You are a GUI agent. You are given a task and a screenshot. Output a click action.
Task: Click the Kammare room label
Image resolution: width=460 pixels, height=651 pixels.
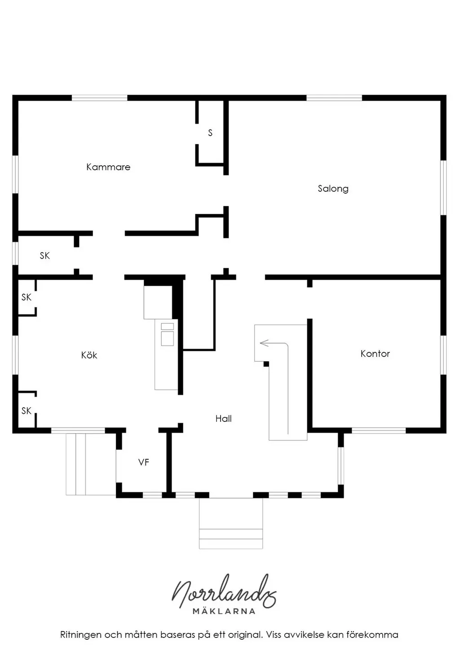click(x=108, y=167)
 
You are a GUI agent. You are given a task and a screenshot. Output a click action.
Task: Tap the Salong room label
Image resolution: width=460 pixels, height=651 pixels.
click(x=333, y=189)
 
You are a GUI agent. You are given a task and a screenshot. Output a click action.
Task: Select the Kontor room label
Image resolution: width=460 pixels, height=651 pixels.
click(x=375, y=354)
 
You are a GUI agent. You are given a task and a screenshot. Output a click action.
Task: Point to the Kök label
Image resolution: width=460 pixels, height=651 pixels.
click(x=89, y=355)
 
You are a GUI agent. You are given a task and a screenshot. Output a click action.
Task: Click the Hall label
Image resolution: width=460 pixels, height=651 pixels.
click(x=223, y=419)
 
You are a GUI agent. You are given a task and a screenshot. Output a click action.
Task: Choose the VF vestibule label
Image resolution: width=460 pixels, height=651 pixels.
click(x=144, y=462)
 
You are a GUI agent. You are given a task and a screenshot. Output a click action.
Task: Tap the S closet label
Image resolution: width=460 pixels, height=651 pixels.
click(x=210, y=133)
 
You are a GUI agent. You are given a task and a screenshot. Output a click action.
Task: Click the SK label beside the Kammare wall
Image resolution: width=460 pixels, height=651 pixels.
click(x=45, y=256)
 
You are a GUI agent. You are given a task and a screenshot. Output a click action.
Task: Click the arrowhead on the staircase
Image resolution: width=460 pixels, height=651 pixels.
click(x=264, y=343)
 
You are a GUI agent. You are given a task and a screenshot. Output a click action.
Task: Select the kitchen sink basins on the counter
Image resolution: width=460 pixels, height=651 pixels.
click(x=168, y=334)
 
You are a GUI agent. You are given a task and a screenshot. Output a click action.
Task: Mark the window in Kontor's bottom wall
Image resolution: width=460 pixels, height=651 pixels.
click(x=379, y=430)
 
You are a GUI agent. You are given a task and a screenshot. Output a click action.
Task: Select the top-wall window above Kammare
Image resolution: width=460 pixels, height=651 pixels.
click(x=99, y=98)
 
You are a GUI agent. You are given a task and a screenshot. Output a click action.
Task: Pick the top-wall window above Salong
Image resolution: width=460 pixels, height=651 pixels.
click(x=334, y=98)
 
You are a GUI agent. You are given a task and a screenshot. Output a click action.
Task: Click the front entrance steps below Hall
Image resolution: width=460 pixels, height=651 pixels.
click(x=231, y=523)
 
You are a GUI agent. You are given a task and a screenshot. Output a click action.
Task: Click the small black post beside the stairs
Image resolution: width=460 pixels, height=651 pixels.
click(x=266, y=364)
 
